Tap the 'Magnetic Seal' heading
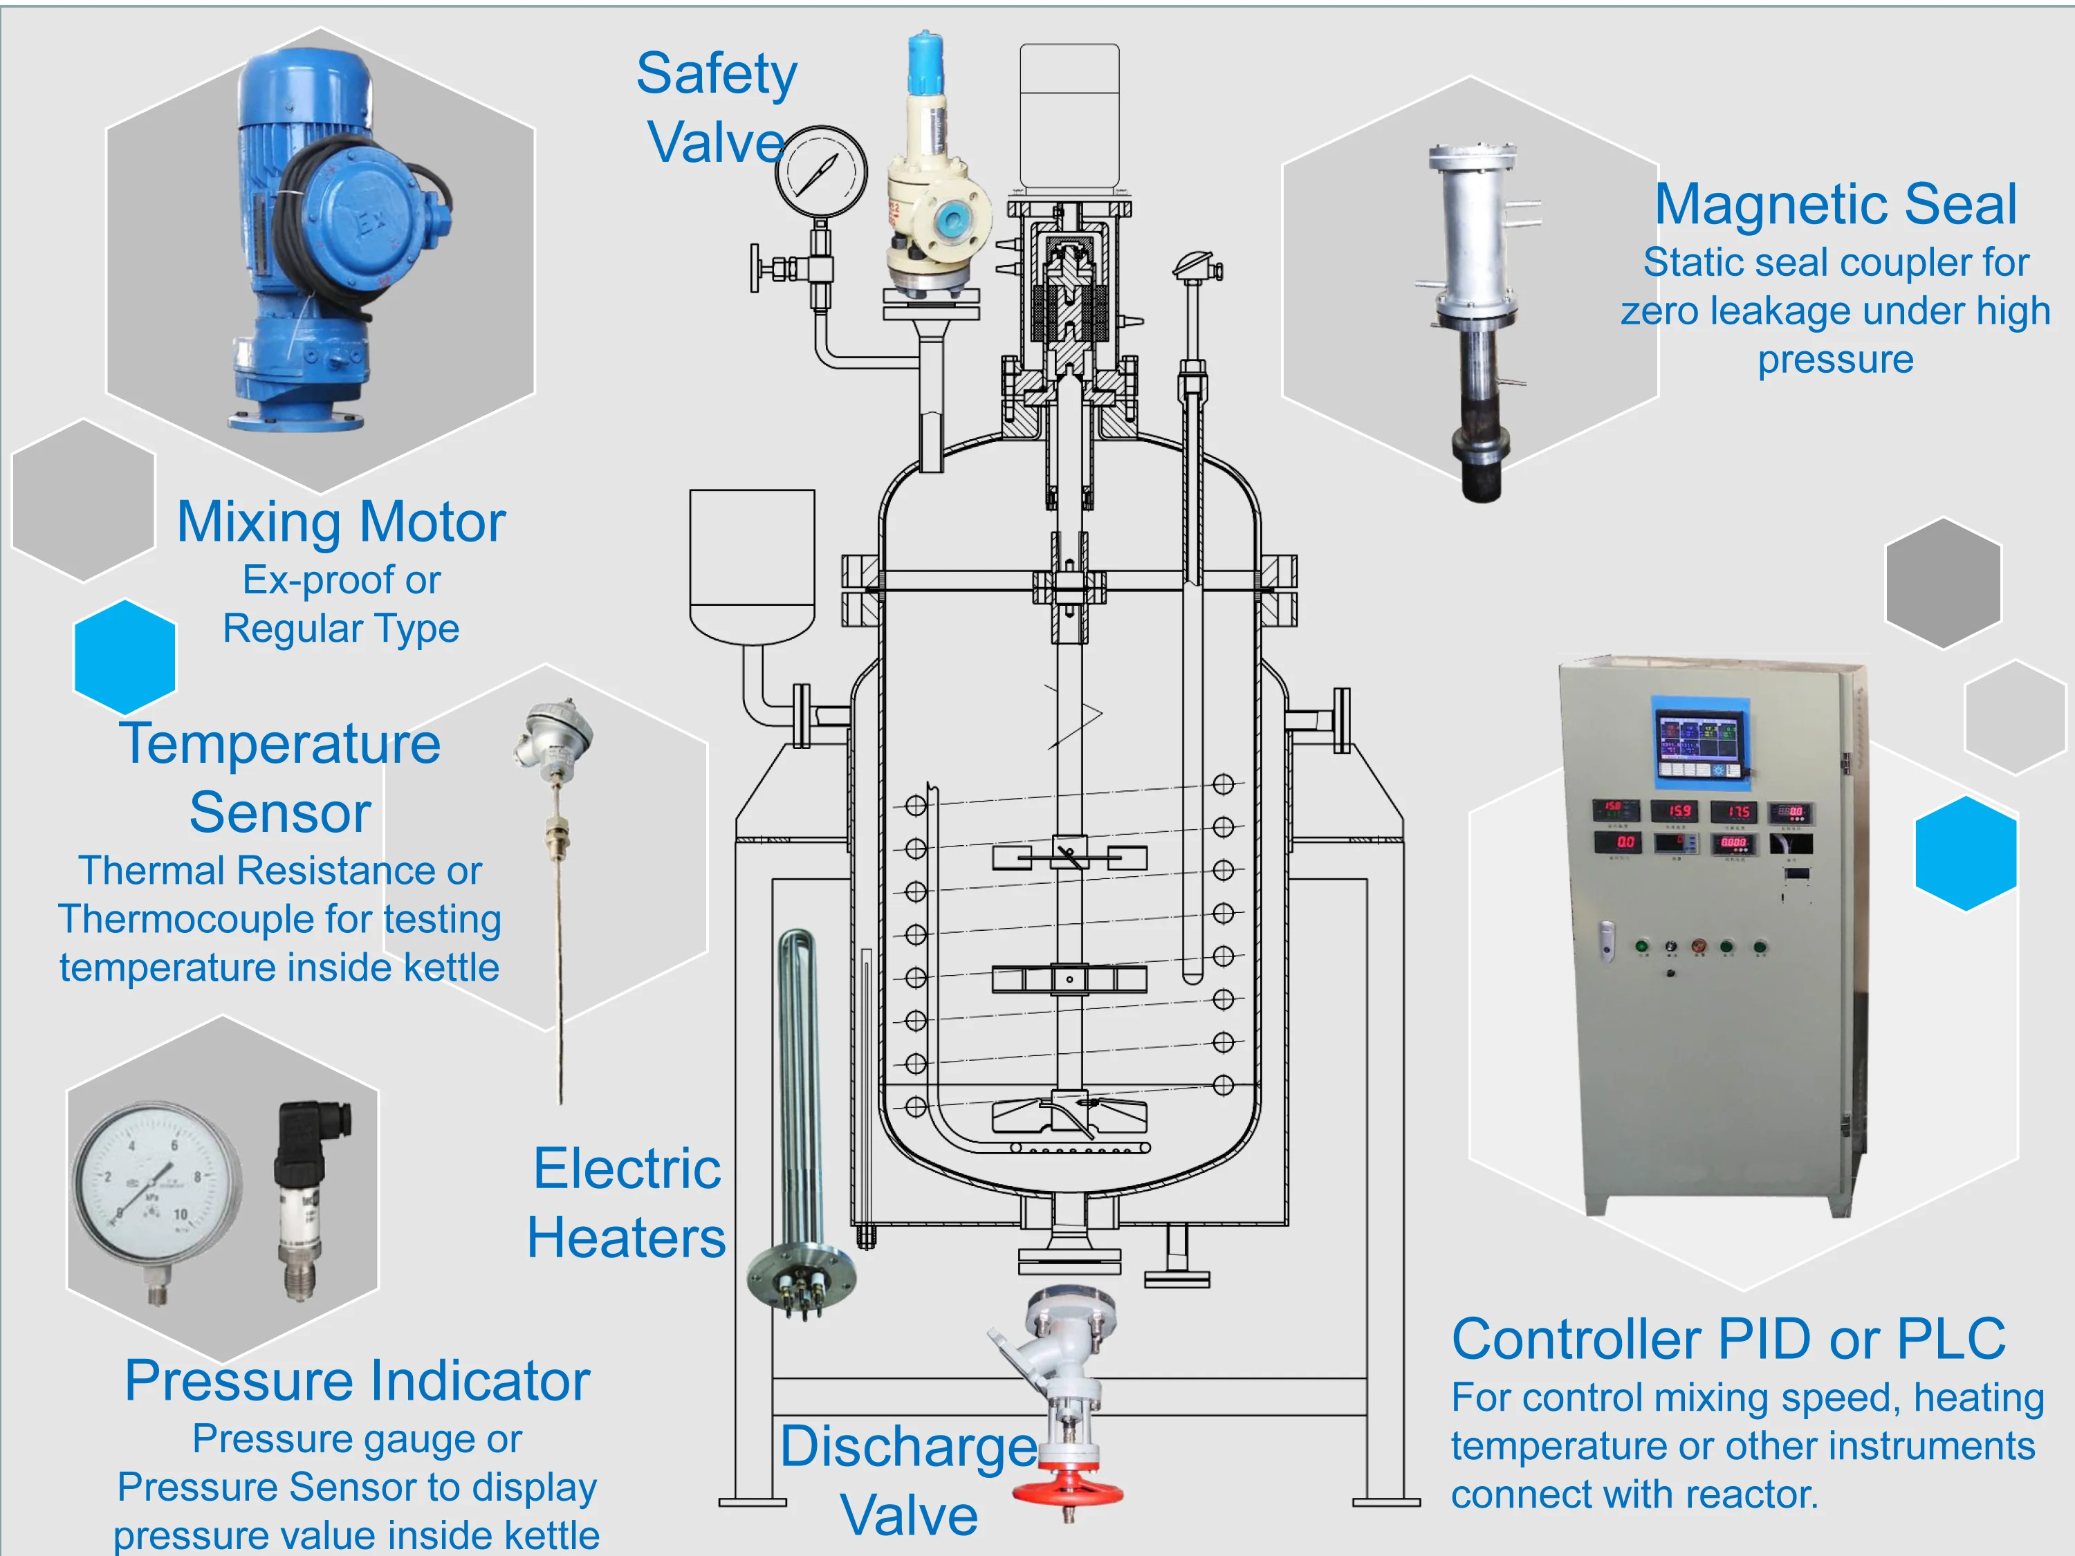1835,205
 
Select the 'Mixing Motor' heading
342,521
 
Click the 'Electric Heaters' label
627,1203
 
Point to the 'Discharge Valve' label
908,1480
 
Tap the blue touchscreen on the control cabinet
1700,743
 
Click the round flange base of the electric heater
800,1280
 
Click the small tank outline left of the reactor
751,563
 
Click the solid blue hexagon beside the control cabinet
1965,853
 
